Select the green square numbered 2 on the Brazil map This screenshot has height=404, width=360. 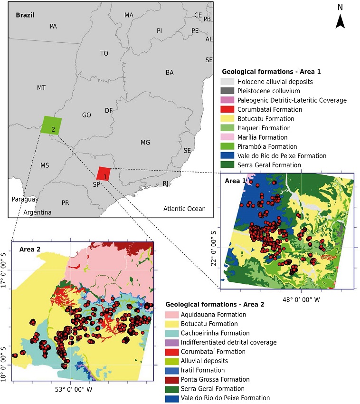[51, 125]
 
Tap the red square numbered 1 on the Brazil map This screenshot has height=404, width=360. [104, 174]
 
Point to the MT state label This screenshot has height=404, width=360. [41, 88]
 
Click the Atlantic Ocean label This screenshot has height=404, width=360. [184, 209]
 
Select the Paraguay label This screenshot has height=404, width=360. [25, 200]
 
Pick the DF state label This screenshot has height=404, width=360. [109, 111]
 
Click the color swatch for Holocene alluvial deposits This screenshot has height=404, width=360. [228, 82]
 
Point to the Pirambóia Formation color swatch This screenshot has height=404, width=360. [228, 146]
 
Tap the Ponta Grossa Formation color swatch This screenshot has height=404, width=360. [172, 379]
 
